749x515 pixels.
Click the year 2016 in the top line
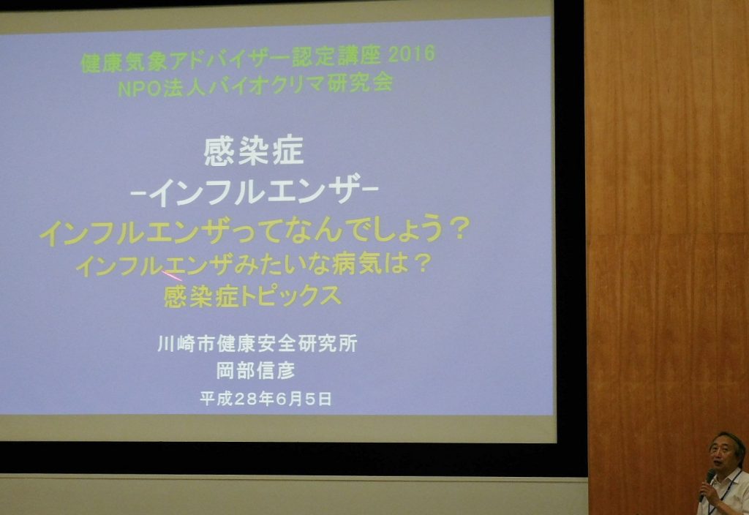[x=412, y=54]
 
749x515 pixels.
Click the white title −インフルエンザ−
[x=254, y=192]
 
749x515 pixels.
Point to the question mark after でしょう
[x=459, y=229]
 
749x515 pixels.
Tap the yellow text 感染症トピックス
[x=252, y=296]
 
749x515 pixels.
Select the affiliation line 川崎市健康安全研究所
[x=257, y=344]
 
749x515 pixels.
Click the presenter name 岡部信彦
[x=255, y=370]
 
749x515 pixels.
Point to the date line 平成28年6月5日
[x=266, y=399]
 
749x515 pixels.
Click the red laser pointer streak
[x=172, y=276]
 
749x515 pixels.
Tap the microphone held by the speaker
[x=707, y=484]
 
